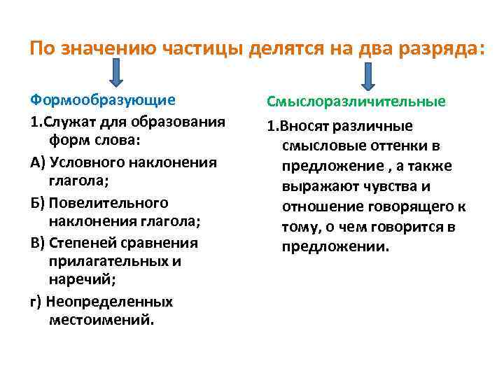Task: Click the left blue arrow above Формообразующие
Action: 116,73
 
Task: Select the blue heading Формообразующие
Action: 103,100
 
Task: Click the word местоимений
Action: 101,321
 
